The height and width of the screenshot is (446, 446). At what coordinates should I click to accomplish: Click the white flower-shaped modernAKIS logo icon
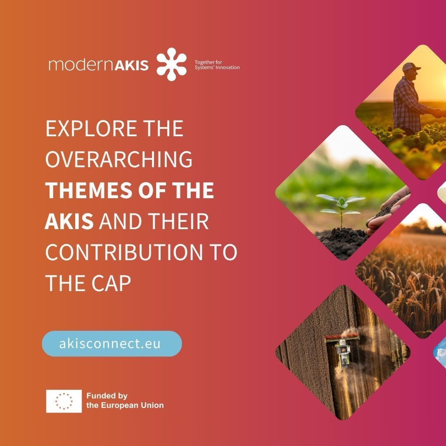(171, 64)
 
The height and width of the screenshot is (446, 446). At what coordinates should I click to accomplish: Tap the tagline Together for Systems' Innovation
(217, 65)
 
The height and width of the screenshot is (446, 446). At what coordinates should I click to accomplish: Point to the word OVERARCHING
(119, 159)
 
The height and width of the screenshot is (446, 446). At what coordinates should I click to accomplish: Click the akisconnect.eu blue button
(112, 344)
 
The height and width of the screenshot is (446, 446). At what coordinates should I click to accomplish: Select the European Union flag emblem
(64, 401)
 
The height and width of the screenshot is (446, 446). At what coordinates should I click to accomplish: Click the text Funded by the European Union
(125, 401)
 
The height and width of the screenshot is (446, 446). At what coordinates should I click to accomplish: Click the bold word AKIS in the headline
(69, 221)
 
